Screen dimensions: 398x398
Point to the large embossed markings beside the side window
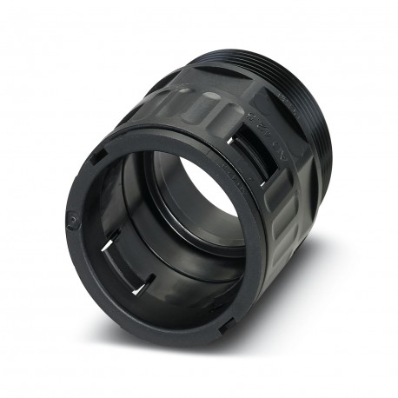[x=264, y=130]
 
